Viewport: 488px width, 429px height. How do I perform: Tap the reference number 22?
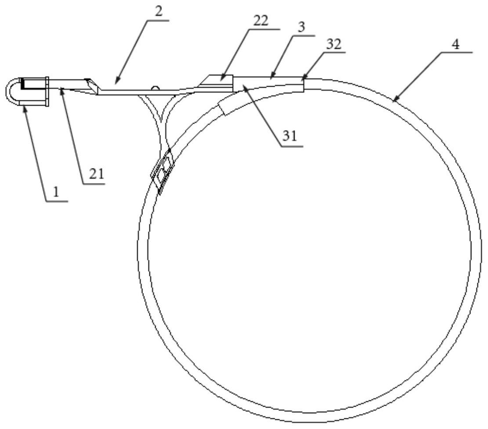pos(260,21)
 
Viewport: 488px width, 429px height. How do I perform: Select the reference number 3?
pos(301,27)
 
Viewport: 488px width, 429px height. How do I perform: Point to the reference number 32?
pos(334,44)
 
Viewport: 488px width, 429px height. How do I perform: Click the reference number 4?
pos(455,45)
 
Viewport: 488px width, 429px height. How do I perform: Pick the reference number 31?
pos(290,136)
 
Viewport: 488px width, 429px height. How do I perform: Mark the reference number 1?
pos(56,192)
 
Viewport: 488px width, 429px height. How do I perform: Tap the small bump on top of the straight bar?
pos(155,88)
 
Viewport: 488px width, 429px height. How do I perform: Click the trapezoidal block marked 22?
pos(217,81)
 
